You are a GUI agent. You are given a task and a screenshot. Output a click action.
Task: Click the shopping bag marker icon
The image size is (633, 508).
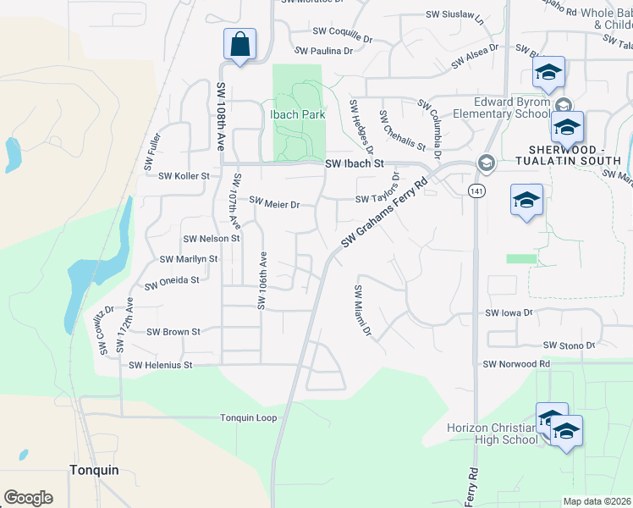[x=239, y=44]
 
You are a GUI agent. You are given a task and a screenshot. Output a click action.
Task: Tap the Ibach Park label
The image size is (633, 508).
[x=297, y=114]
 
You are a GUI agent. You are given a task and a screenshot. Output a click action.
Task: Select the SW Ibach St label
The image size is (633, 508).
[x=355, y=163]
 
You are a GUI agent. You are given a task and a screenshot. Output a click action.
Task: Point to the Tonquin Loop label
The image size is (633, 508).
[x=249, y=418]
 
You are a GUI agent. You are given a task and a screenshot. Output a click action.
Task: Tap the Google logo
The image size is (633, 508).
[x=28, y=498]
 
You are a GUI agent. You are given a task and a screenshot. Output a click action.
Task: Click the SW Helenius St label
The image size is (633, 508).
[x=161, y=365]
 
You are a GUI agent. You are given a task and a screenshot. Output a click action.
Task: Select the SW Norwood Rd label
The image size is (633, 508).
[x=516, y=364]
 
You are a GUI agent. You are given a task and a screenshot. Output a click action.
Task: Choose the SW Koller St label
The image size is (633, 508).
[x=184, y=176]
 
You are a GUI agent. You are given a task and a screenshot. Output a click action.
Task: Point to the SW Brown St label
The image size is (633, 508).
[x=173, y=332]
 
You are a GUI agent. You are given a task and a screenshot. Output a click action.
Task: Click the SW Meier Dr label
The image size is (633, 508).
[x=275, y=203]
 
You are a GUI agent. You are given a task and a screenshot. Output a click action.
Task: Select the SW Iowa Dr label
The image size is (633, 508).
[x=509, y=313]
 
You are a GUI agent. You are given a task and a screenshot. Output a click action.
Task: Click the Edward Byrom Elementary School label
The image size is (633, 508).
[x=501, y=108]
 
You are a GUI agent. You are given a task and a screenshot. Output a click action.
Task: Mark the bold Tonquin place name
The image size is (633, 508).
[x=94, y=470]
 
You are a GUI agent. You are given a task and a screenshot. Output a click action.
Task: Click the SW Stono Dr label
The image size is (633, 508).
[x=570, y=345]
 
